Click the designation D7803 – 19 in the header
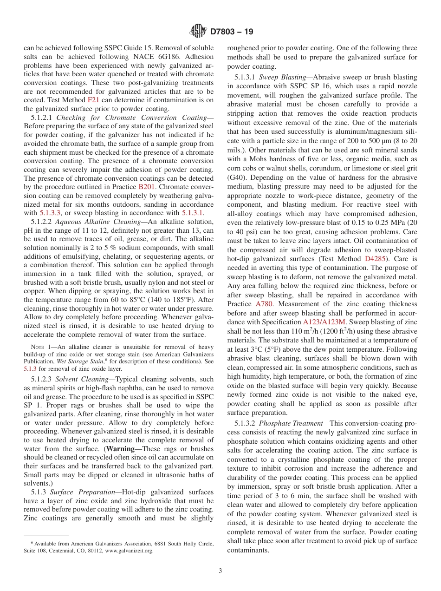click(x=231, y=32)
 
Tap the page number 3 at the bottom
click(x=220, y=571)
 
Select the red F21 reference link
click(x=93, y=100)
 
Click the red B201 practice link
click(x=147, y=186)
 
